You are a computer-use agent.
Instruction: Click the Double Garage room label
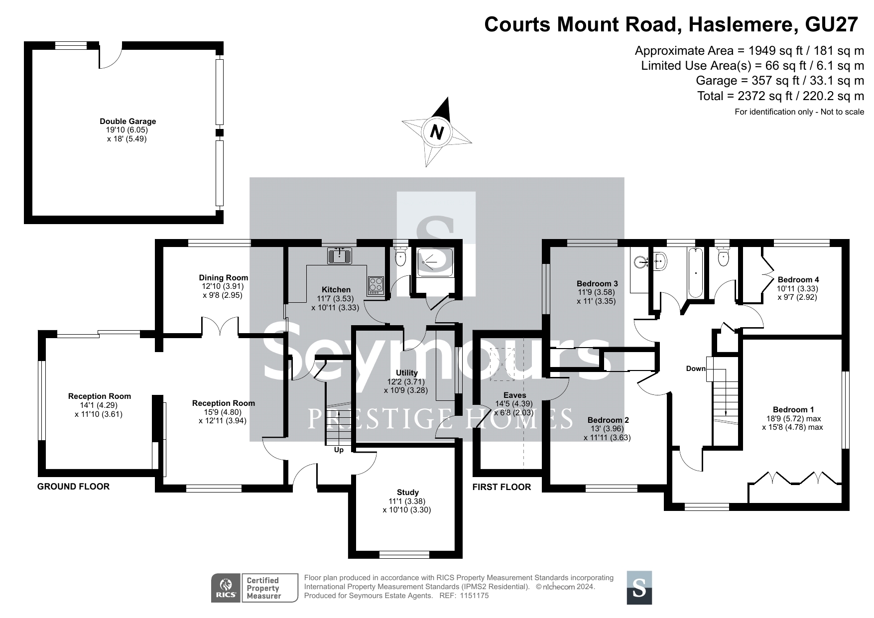coord(128,121)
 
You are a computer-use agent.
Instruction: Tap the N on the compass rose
coord(437,132)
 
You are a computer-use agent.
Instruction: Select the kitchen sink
coord(340,256)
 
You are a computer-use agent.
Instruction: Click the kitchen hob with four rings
coord(376,285)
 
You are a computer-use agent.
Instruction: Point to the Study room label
coord(408,492)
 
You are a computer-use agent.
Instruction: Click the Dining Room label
coord(224,277)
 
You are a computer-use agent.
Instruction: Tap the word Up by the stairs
coord(339,450)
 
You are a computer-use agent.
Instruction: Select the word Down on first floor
coord(696,369)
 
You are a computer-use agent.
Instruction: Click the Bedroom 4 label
coord(798,279)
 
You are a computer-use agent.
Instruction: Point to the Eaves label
coord(514,395)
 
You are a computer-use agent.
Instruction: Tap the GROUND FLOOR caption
coord(73,487)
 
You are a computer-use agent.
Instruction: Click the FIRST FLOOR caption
coord(501,487)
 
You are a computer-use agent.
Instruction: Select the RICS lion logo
coord(226,588)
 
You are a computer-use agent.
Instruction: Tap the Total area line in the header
coord(781,96)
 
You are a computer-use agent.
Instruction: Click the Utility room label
coord(406,372)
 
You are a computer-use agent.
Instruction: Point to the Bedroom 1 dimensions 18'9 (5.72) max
coord(794,418)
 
